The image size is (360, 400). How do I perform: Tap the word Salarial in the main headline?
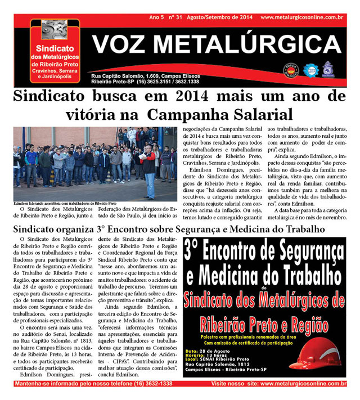[262, 115]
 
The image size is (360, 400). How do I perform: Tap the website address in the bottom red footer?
[303, 384]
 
